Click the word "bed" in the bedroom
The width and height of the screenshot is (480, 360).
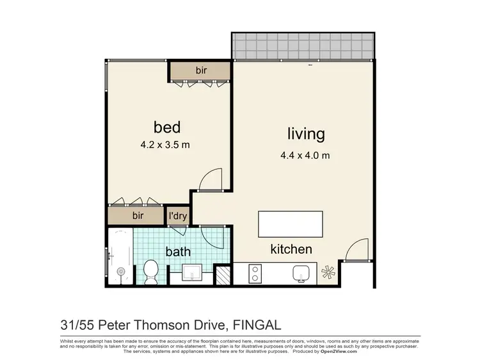tap(166, 126)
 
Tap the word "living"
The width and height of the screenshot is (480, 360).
tap(305, 134)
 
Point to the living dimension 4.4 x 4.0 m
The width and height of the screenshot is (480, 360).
tap(305, 154)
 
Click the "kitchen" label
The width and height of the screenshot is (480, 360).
tap(291, 249)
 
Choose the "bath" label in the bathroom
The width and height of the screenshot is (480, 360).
tap(178, 252)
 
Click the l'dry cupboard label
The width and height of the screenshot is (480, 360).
tap(177, 217)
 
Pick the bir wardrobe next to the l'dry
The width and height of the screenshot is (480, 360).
tap(138, 216)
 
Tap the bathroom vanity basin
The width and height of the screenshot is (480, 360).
tap(192, 274)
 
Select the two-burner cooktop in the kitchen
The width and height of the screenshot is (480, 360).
tap(254, 274)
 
